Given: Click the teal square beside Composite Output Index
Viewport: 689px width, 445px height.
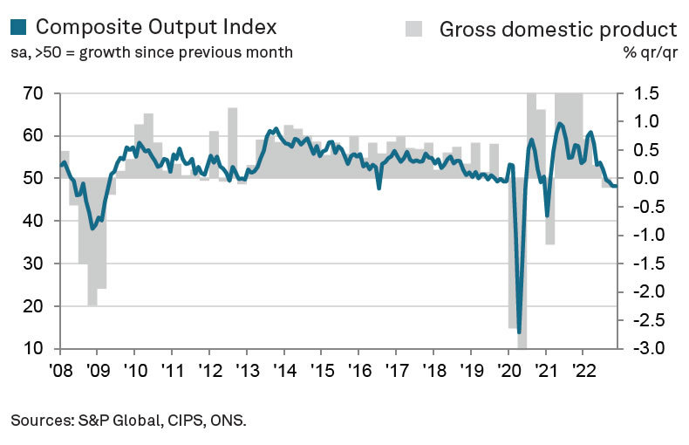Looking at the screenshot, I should [x=19, y=27].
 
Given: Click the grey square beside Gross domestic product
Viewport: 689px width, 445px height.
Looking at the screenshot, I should [x=416, y=27].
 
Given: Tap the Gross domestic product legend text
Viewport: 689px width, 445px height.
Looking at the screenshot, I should [x=558, y=27].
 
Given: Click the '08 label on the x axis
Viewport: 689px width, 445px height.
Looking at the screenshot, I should [x=59, y=367].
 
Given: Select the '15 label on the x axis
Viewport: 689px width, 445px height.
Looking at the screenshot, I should [x=321, y=367].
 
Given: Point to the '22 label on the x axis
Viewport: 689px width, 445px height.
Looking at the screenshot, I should [x=583, y=367].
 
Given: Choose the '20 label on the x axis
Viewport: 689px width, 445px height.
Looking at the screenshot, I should [x=508, y=367].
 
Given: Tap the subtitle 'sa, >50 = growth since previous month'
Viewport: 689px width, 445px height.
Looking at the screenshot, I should [x=152, y=51].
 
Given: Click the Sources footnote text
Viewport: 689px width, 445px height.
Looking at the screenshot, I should [x=129, y=421].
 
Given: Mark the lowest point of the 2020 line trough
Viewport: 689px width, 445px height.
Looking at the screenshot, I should [x=520, y=332].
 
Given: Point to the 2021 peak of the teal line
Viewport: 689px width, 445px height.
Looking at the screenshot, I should [x=559, y=124].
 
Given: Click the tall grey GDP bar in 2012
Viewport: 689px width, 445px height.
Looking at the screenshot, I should [x=233, y=143].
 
